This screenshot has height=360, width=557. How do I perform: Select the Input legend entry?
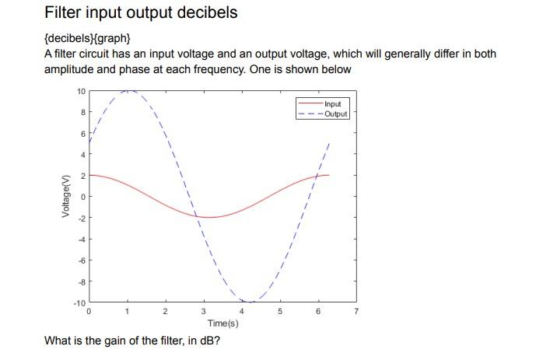pyautogui.click(x=332, y=104)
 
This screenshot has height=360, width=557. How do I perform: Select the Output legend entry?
pyautogui.click(x=336, y=114)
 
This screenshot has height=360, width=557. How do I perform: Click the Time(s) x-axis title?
pyautogui.click(x=222, y=323)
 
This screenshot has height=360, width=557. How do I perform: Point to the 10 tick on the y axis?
pyautogui.click(x=81, y=92)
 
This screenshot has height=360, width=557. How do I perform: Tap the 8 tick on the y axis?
pyautogui.click(x=82, y=113)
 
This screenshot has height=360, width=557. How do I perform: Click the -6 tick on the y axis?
pyautogui.click(x=81, y=260)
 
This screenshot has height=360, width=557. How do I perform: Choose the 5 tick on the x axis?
pyautogui.click(x=280, y=312)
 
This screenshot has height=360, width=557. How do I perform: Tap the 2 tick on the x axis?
pyautogui.click(x=165, y=312)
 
